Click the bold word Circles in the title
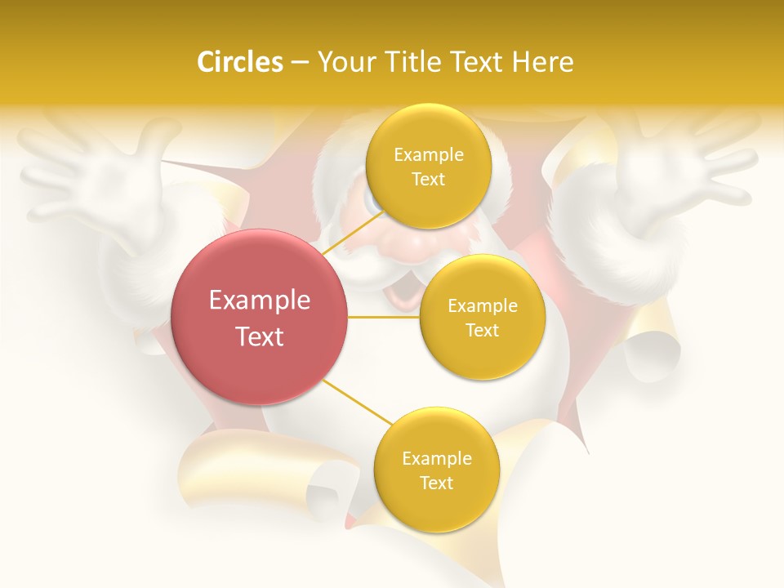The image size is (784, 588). [240, 62]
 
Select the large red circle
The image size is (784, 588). [259, 317]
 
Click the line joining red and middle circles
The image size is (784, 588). [383, 317]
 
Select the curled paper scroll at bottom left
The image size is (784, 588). [261, 474]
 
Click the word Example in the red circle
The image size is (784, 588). [259, 301]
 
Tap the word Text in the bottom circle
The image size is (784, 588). [436, 483]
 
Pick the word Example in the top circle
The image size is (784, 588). [428, 155]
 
